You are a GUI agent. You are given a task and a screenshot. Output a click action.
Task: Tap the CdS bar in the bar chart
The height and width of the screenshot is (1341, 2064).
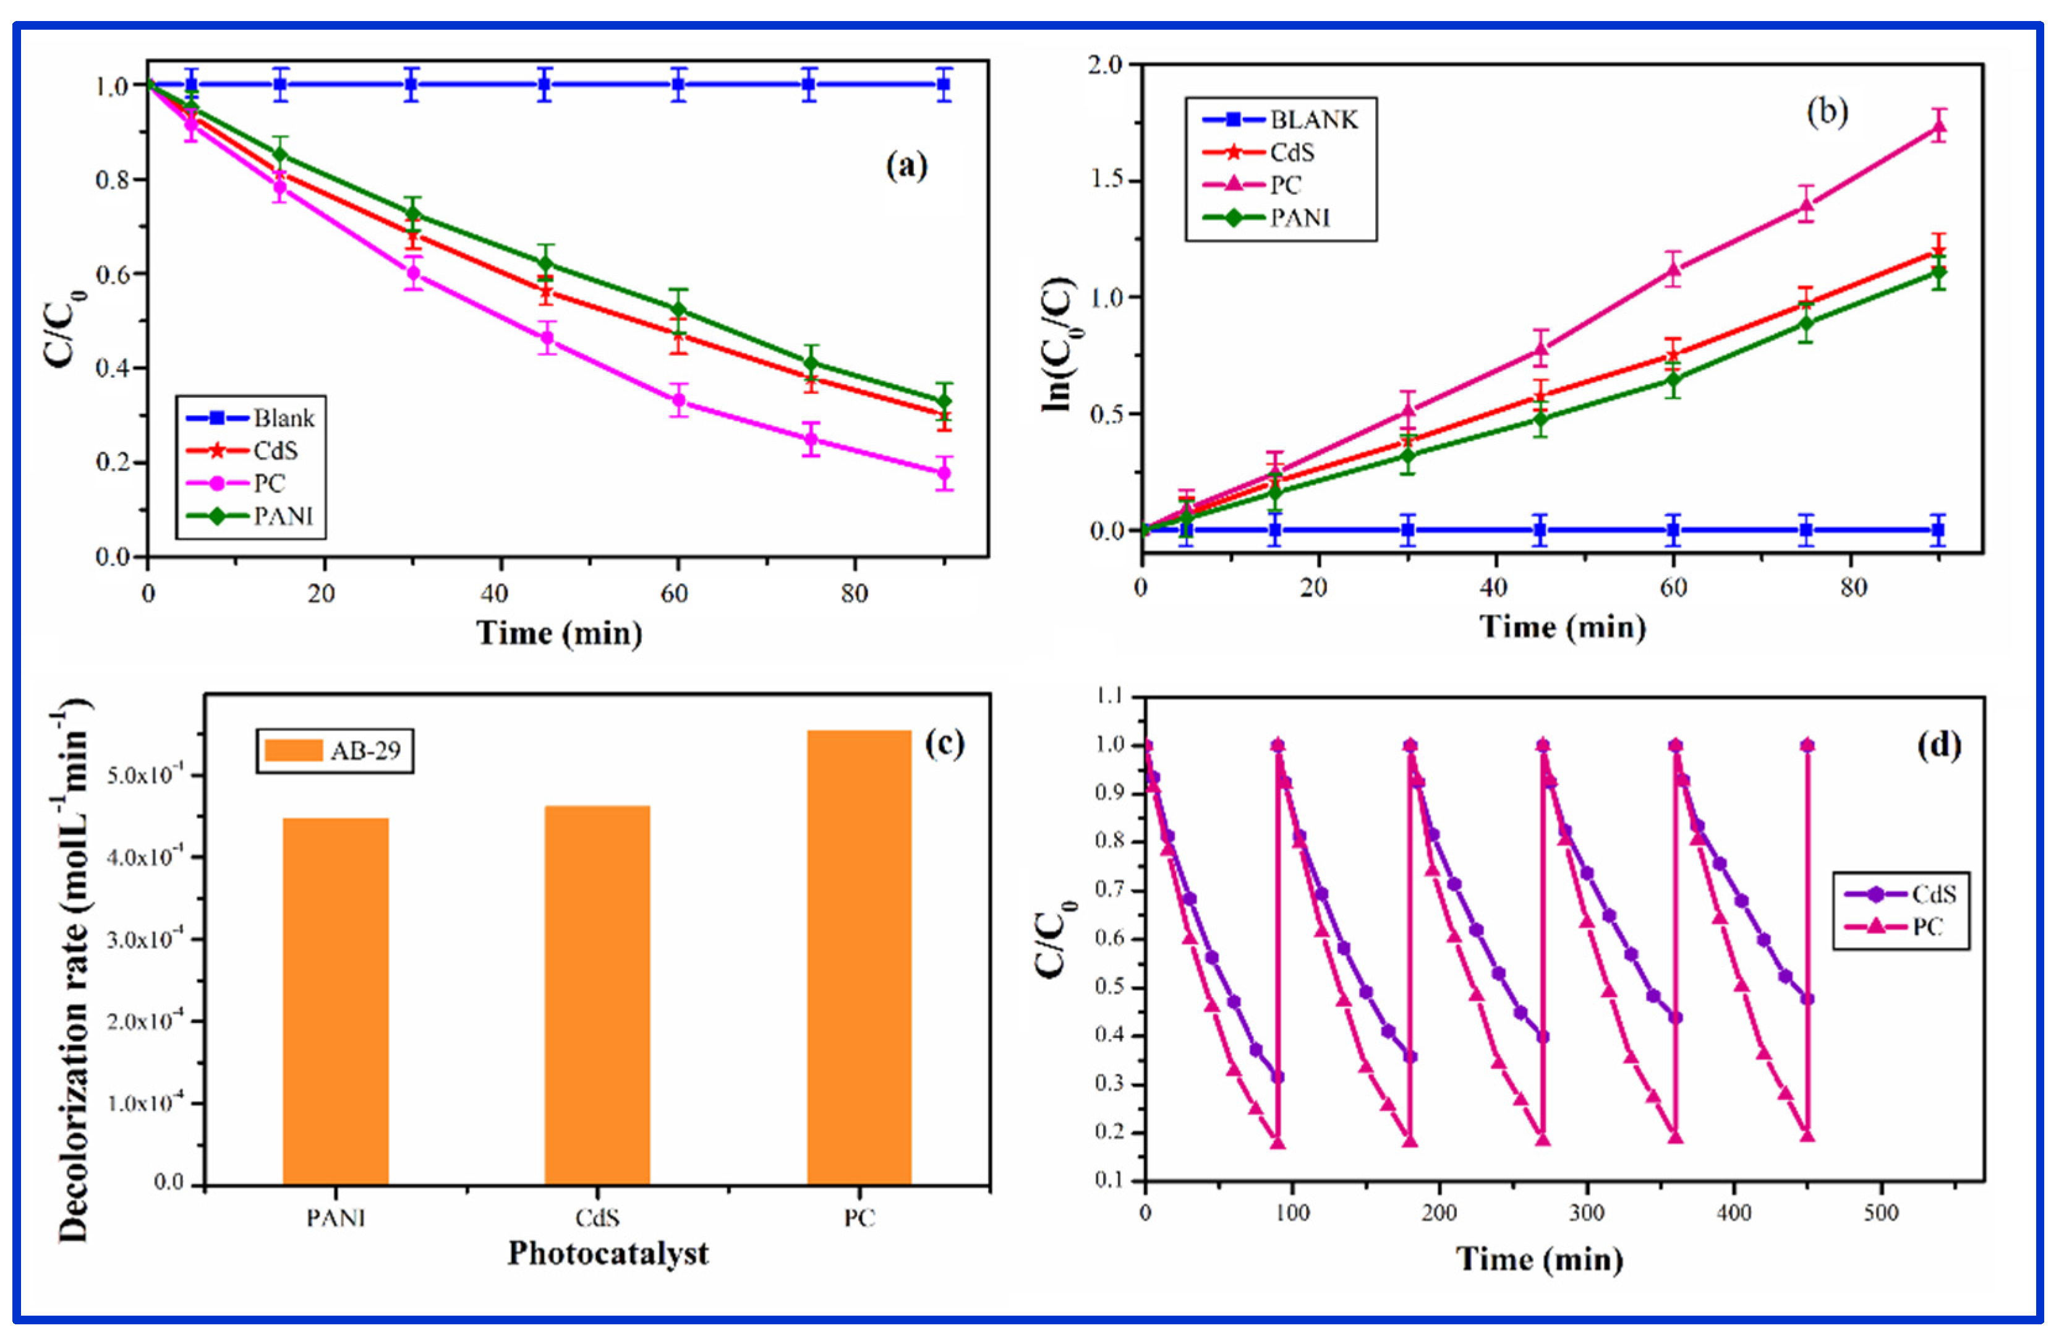(x=597, y=994)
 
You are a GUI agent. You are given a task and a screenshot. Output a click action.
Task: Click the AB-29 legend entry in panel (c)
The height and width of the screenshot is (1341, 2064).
(x=335, y=750)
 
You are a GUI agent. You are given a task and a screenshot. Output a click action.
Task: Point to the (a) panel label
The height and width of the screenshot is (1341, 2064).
(x=906, y=165)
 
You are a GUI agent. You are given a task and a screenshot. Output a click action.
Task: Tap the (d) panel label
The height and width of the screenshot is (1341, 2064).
(x=1938, y=744)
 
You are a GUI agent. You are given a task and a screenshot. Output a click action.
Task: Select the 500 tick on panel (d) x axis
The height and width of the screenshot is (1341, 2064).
(x=1880, y=1212)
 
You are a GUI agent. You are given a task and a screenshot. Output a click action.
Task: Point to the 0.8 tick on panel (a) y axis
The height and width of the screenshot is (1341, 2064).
(x=113, y=179)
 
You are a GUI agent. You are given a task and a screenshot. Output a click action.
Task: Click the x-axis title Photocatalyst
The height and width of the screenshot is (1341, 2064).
(x=607, y=1253)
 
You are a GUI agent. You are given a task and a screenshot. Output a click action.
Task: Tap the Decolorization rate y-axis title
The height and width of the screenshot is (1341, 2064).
(x=73, y=972)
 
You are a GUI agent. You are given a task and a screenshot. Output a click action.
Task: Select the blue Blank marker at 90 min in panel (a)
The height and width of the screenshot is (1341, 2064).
(x=944, y=85)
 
